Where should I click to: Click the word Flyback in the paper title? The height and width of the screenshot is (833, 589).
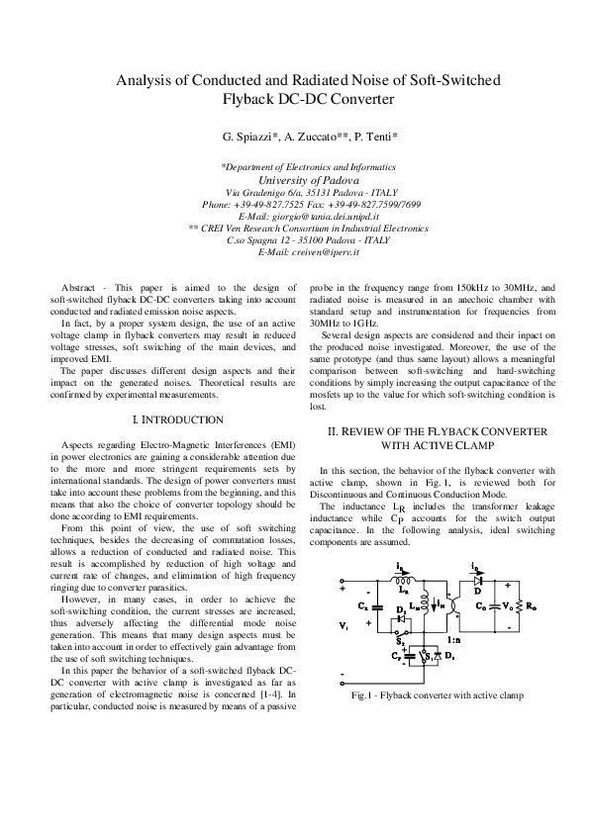250,98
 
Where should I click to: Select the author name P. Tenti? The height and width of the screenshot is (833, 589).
374,135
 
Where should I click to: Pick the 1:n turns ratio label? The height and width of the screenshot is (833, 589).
450,641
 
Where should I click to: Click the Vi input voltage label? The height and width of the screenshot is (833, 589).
344,626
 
